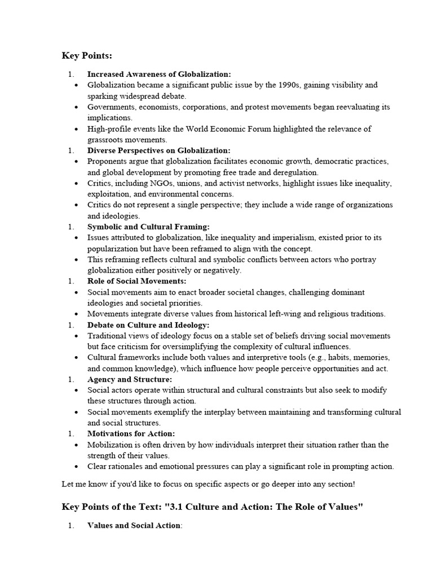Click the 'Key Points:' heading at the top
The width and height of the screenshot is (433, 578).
pos(87,55)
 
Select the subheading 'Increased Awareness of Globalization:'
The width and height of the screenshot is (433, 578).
pos(159,74)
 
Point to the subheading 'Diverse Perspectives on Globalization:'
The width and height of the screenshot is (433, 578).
pos(159,150)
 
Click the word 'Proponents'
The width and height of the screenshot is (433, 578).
pos(107,161)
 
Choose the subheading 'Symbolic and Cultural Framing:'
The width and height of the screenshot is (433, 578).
pos(148,227)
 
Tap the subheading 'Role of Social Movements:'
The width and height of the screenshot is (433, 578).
pos(136,281)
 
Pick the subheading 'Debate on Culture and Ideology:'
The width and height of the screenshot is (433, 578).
pos(148,325)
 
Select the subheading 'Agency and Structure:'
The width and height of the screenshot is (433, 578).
pos(130,379)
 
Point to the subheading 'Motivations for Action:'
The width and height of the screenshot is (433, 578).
pos(131,433)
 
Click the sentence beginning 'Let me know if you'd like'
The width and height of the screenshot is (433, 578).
pos(209,484)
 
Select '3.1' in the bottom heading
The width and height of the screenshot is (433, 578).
pos(179,506)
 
